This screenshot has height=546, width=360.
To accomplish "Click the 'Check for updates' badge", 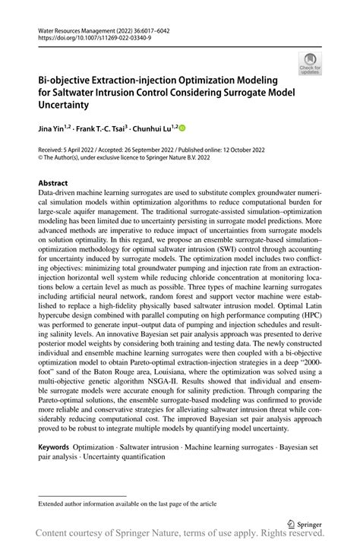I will [x=310, y=63].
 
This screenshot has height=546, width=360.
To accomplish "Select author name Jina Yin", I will [x=54, y=130].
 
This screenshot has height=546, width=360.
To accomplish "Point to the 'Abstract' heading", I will [x=53, y=184].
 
